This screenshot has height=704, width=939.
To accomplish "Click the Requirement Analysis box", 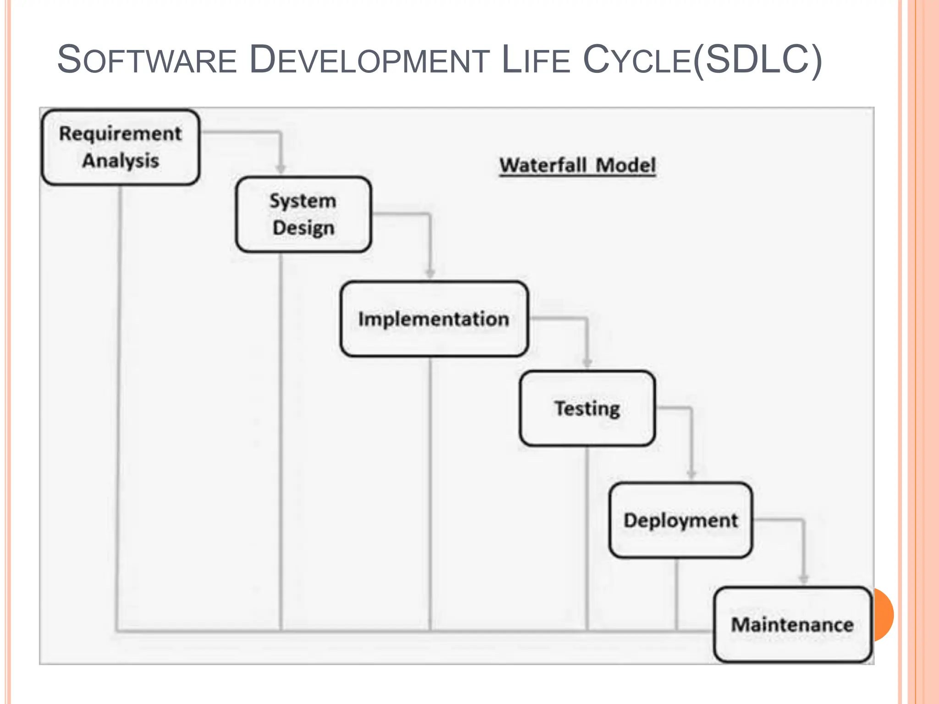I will coord(121,147).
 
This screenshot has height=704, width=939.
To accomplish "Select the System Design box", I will coord(303,214).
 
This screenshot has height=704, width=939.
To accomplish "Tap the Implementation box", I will coord(434,319).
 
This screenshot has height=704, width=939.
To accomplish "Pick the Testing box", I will coord(587,408).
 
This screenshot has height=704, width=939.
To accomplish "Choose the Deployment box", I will coord(680,520).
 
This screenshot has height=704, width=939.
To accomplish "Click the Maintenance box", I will coord(792,625).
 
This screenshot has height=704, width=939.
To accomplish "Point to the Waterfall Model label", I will coord(577,165).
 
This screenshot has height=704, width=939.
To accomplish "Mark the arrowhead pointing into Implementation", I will coord(430,273).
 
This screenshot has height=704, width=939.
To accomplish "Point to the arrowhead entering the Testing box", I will coord(587,363).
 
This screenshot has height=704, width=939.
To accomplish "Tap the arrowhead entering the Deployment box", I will coord(691,474).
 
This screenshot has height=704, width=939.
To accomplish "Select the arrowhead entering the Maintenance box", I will coord(803,579).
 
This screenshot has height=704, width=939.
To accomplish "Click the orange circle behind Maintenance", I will coord(884,614).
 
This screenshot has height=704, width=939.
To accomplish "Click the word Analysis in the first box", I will coord(121,161).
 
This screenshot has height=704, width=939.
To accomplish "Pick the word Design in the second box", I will coord(303,228).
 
